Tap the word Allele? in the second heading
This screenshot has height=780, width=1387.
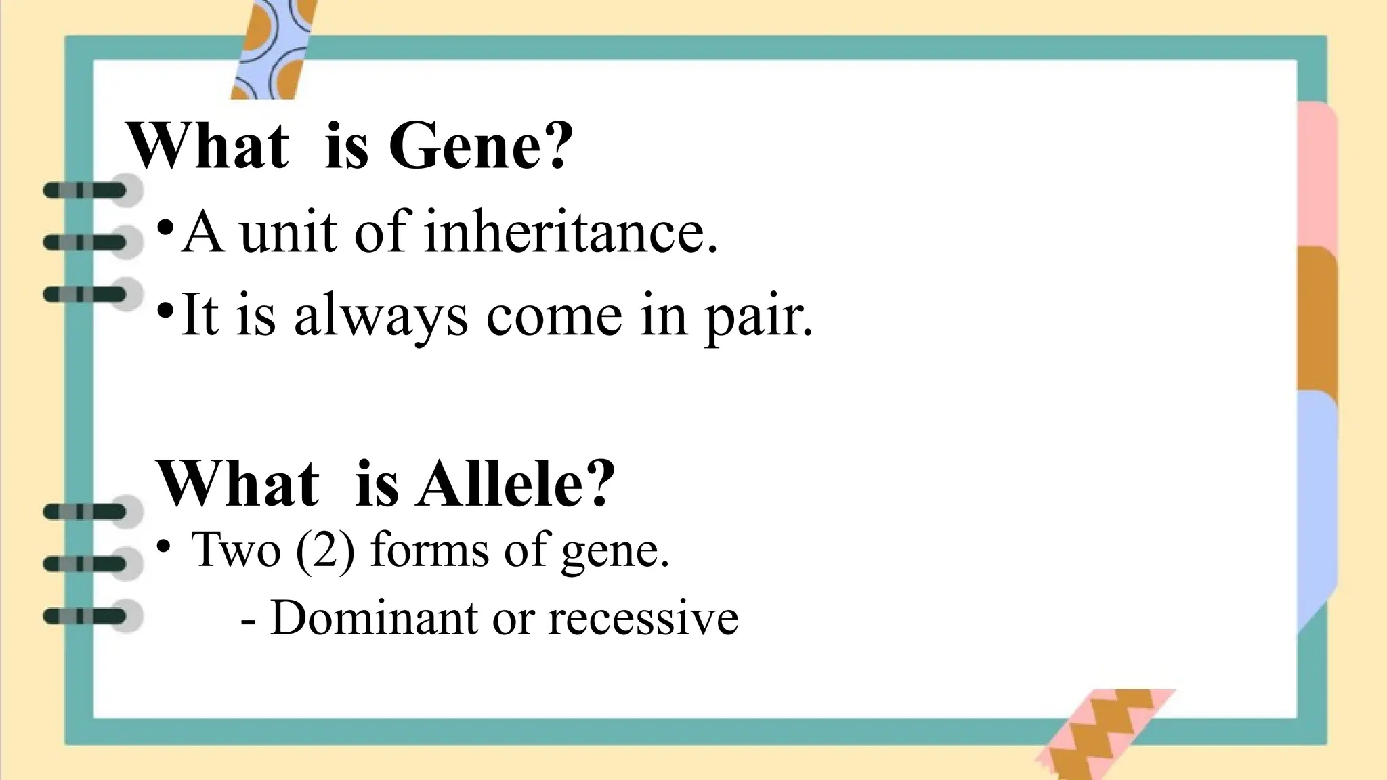(x=516, y=484)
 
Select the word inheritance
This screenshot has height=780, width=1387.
(x=570, y=232)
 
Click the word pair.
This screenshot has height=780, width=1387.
(x=759, y=318)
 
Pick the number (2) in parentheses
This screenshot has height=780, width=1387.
(x=325, y=550)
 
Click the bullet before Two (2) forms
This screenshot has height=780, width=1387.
(x=163, y=546)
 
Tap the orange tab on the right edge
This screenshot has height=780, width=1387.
(x=1317, y=318)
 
